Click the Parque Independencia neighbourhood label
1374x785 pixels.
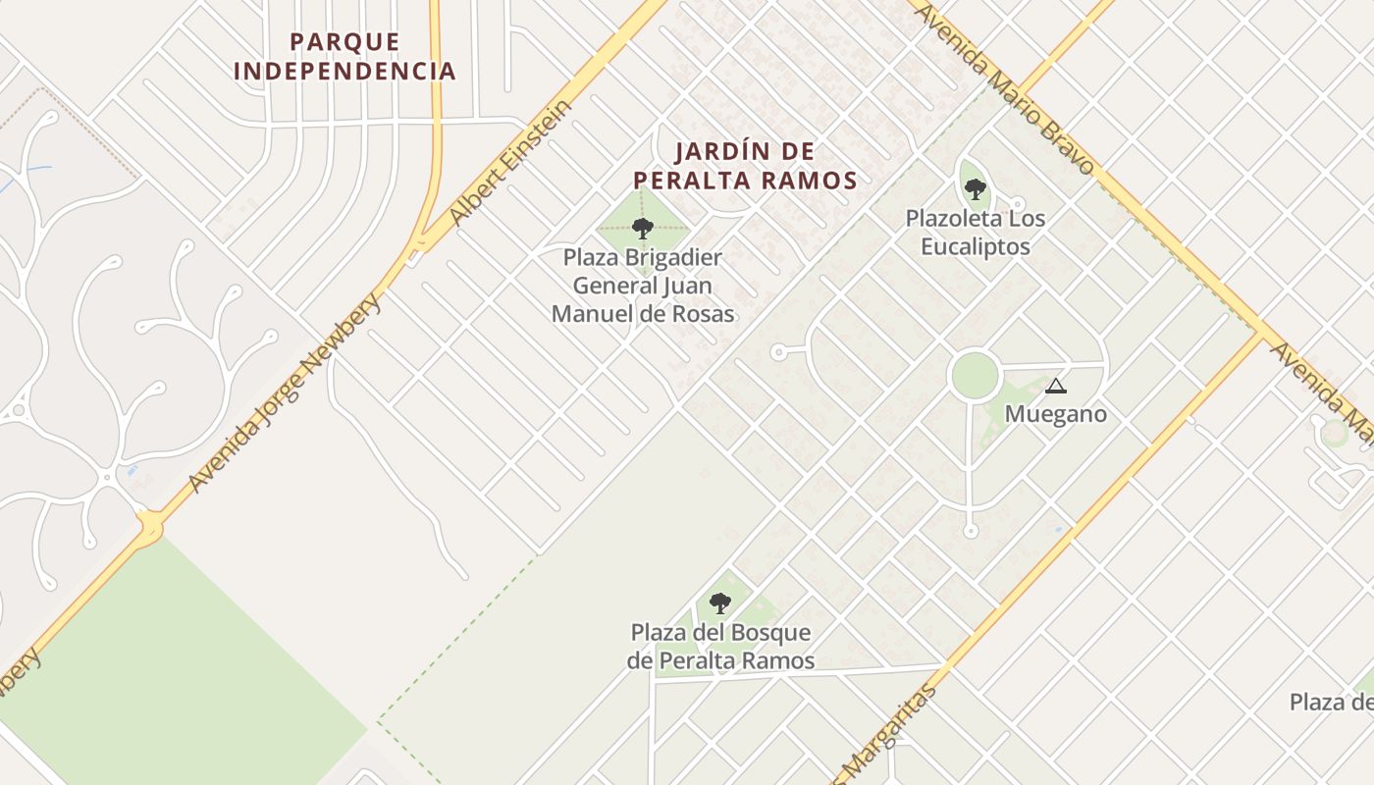(x=344, y=56)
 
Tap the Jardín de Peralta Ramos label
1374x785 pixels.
(x=745, y=166)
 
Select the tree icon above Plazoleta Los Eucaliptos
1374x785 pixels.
(x=974, y=187)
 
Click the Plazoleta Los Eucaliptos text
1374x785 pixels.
(x=975, y=232)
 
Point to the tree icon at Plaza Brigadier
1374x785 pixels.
(x=643, y=229)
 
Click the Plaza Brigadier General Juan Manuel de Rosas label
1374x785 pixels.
(x=643, y=286)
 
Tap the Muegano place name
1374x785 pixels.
(x=1055, y=414)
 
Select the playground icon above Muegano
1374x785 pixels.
(x=1055, y=386)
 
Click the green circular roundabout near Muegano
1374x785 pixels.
(x=975, y=376)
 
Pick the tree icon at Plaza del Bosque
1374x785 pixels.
(x=719, y=602)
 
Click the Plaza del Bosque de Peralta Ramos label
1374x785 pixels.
(x=720, y=646)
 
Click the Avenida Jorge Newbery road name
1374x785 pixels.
(x=285, y=392)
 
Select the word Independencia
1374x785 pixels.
(x=344, y=71)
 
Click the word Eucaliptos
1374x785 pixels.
(x=975, y=245)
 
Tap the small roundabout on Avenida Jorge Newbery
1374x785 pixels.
(x=149, y=530)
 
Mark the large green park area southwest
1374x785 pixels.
(x=177, y=667)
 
